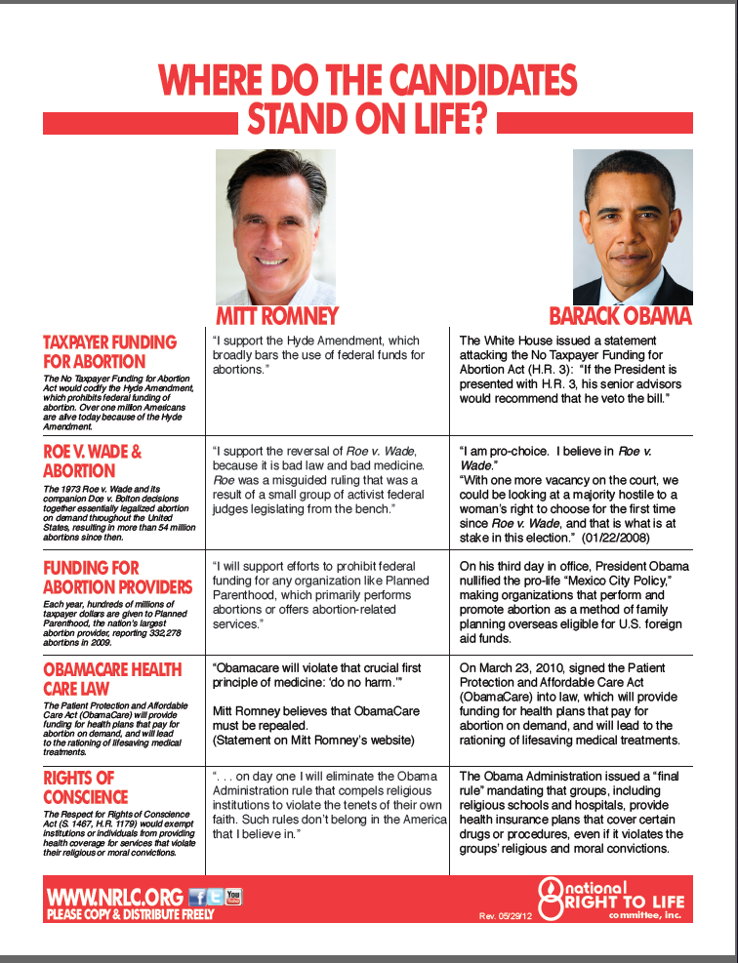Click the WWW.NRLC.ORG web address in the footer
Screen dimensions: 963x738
(x=114, y=897)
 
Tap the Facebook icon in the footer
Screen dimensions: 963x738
(x=197, y=897)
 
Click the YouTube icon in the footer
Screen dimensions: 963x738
(x=233, y=896)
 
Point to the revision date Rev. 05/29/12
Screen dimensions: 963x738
(x=502, y=917)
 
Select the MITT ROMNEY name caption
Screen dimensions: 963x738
(x=277, y=316)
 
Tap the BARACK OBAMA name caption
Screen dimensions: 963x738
(x=620, y=316)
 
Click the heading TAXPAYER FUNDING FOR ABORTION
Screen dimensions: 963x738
(x=109, y=351)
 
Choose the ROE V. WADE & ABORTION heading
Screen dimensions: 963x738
(x=93, y=461)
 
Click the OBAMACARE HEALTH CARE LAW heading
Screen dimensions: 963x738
(x=112, y=679)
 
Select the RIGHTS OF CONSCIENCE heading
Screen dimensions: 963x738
(x=84, y=787)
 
